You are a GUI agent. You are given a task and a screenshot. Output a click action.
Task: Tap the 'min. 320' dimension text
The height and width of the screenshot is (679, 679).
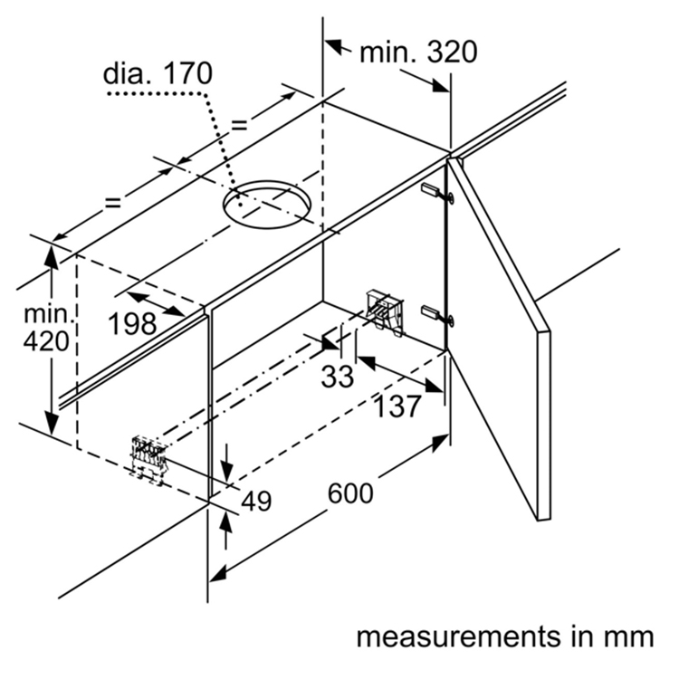click(417, 52)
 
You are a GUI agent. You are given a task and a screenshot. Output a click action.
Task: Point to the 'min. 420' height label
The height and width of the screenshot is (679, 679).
click(46, 329)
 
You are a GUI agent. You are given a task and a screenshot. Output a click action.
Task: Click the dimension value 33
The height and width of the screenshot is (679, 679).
click(337, 375)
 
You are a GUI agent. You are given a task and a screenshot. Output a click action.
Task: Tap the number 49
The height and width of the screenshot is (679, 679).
click(256, 501)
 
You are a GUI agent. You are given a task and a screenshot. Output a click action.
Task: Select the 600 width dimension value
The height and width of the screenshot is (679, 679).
click(349, 493)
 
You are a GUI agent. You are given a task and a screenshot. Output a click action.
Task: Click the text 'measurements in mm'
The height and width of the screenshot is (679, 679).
click(503, 636)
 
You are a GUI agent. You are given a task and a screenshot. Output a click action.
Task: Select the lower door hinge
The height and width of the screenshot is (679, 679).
click(436, 316)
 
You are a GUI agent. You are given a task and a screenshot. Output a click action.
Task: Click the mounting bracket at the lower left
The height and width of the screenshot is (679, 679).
click(148, 457)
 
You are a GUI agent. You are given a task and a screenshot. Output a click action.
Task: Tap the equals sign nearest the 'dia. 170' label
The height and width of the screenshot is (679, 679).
click(239, 125)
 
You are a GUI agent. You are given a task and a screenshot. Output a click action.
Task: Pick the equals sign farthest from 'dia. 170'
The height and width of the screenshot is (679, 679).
click(113, 203)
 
